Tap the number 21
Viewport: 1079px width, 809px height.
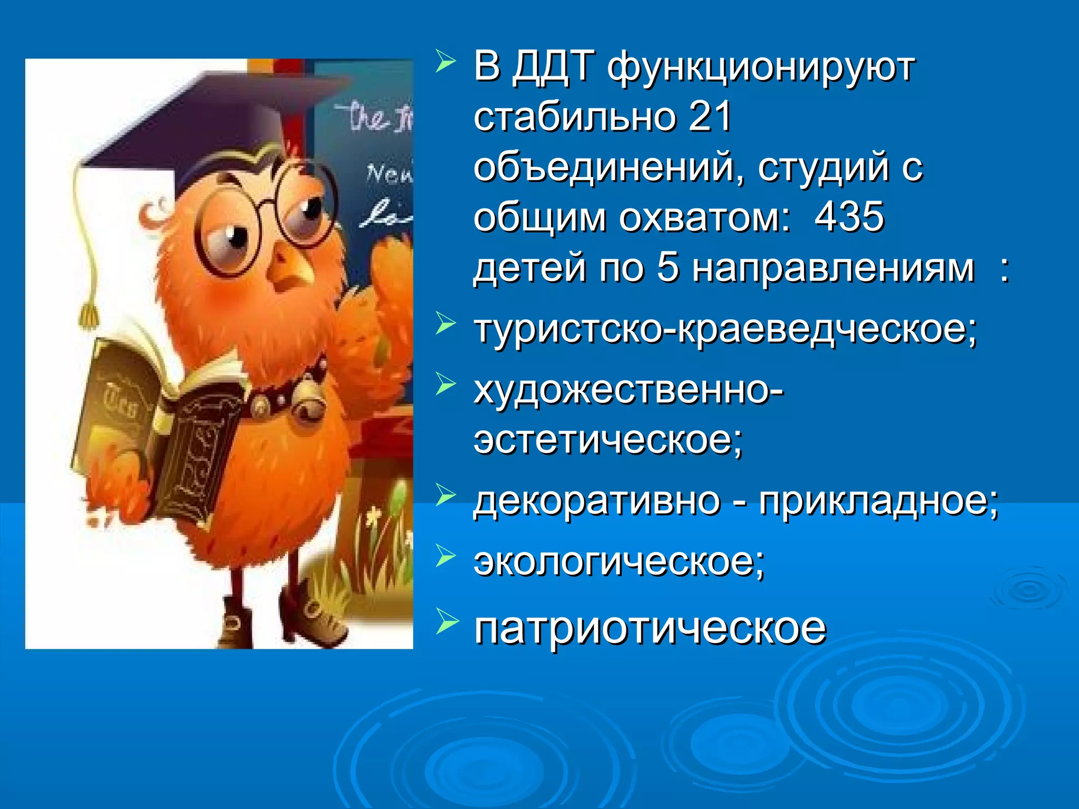tap(709, 117)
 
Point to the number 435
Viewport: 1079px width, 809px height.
tap(849, 217)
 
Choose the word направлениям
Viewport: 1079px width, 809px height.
tap(833, 268)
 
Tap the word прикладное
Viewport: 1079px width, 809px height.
tap(878, 500)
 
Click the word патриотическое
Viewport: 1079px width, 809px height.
tap(650, 628)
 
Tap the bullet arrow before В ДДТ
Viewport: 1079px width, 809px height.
tap(445, 62)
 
